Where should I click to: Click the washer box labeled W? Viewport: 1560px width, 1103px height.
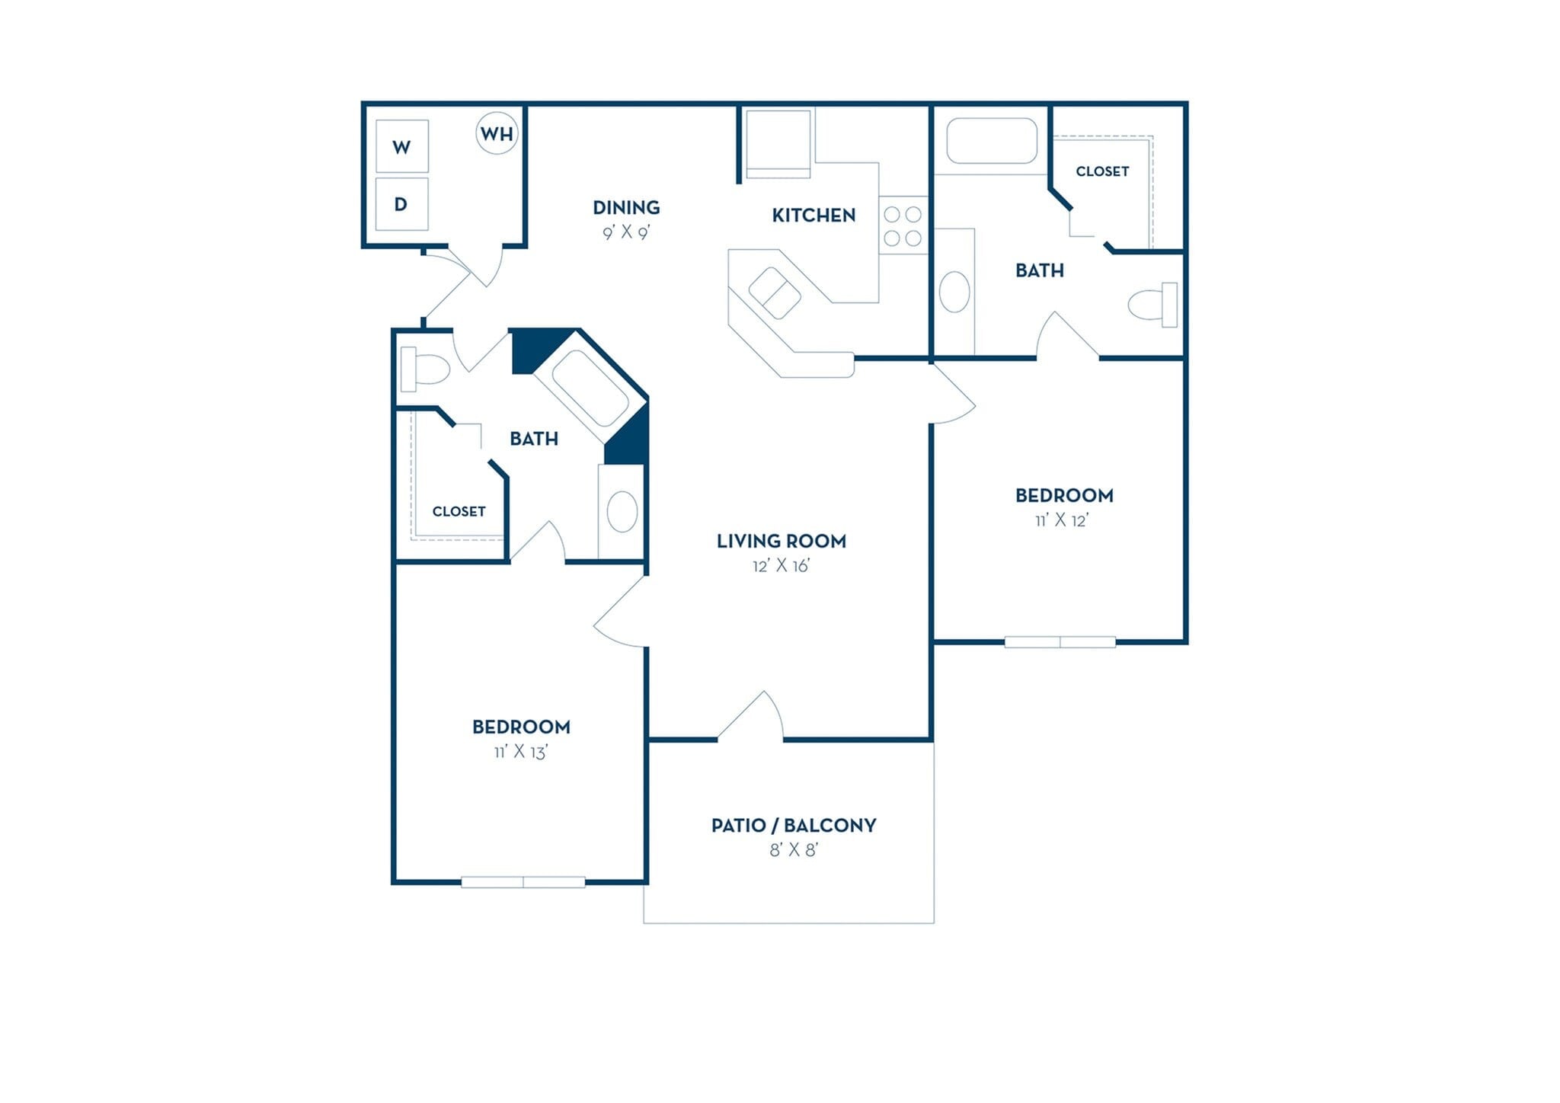[401, 146]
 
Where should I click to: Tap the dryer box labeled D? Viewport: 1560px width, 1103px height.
[401, 204]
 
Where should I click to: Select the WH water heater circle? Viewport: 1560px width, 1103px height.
[497, 133]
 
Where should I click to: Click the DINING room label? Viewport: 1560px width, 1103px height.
[626, 207]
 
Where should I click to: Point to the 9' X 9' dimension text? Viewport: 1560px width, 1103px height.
[626, 232]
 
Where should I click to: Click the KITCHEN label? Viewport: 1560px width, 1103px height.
[814, 216]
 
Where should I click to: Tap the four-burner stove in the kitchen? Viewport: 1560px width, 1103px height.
[903, 226]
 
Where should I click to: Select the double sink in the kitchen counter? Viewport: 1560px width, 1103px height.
[775, 293]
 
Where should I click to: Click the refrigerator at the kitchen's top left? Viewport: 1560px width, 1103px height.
[778, 143]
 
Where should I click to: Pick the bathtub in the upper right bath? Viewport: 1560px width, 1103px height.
[991, 141]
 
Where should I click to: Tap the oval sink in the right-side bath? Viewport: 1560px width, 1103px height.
[954, 292]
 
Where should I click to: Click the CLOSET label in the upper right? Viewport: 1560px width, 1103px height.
[1102, 171]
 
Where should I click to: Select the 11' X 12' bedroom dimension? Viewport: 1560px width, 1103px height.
[1062, 520]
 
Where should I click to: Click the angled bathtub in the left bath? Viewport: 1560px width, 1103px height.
[590, 388]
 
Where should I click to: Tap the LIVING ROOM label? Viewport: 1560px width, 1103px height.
[781, 541]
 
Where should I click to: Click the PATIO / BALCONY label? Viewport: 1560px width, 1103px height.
[793, 825]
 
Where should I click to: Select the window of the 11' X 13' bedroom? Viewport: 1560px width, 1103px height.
[523, 882]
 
